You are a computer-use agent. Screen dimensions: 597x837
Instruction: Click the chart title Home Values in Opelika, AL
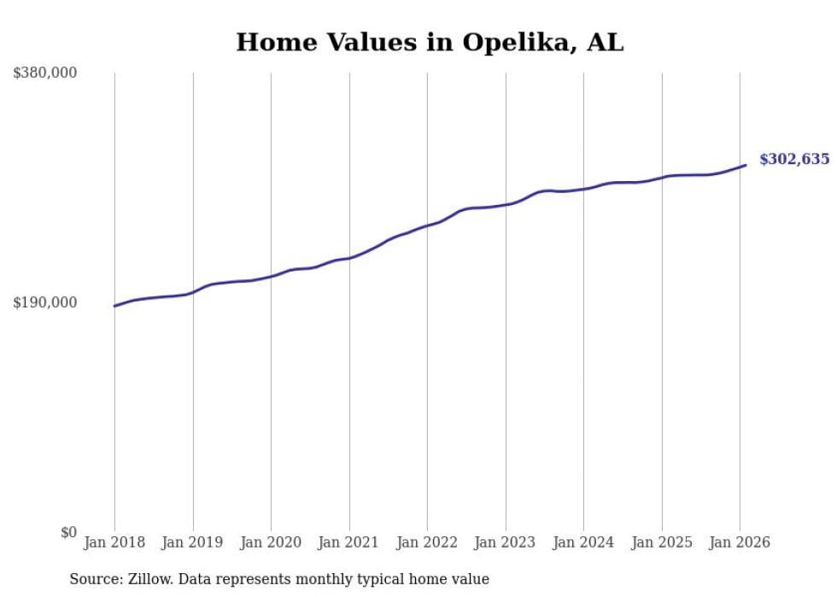[x=430, y=42]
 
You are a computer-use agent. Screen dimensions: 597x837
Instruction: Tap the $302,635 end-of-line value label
[x=793, y=159]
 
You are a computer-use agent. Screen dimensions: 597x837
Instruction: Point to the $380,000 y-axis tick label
[x=45, y=73]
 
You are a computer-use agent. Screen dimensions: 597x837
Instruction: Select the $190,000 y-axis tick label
[x=45, y=302]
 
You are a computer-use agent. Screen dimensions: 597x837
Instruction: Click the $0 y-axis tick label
[x=68, y=532]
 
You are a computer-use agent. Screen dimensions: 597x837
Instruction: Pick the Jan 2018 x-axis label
[x=114, y=542]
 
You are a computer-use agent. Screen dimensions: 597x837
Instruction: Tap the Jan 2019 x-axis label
[x=193, y=542]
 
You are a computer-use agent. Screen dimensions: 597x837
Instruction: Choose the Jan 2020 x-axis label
[x=271, y=542]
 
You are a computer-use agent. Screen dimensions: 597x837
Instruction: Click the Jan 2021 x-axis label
[x=349, y=542]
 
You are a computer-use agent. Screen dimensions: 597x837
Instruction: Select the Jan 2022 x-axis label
[x=427, y=542]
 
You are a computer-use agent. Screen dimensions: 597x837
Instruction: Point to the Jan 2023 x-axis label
[x=506, y=542]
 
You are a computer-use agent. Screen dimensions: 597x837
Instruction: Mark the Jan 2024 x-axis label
[x=583, y=542]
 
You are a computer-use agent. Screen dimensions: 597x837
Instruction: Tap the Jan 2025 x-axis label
[x=662, y=542]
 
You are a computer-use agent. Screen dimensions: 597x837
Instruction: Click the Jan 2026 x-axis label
[x=740, y=542]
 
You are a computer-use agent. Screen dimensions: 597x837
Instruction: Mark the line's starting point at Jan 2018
[x=114, y=306]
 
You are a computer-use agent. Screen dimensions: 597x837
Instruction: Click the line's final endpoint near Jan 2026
[x=746, y=165]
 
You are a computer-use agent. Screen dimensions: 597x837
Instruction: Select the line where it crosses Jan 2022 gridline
[x=427, y=225]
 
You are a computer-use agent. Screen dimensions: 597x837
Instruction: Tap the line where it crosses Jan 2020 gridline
[x=271, y=276]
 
